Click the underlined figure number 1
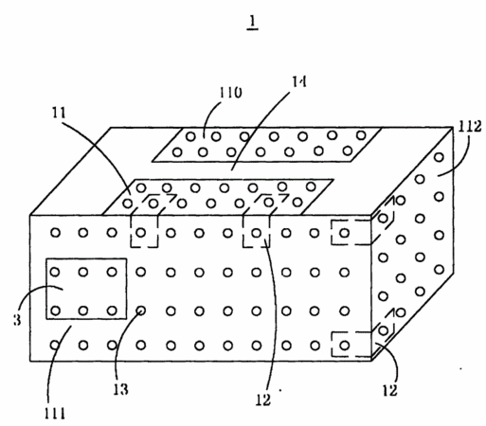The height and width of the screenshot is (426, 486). pyautogui.click(x=252, y=22)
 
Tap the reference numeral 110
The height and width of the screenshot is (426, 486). pyautogui.click(x=230, y=93)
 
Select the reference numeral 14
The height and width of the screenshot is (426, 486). pyautogui.click(x=298, y=81)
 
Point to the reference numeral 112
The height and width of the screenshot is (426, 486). pyautogui.click(x=470, y=127)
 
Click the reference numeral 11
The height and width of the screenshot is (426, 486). pyautogui.click(x=59, y=113)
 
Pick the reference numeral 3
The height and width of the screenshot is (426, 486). pyautogui.click(x=17, y=320)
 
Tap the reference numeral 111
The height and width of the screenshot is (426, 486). pyautogui.click(x=55, y=414)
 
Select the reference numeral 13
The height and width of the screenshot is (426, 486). pyautogui.click(x=120, y=390)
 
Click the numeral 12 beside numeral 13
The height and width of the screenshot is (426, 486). pyautogui.click(x=262, y=400)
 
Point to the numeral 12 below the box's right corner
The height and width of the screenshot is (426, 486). pyautogui.click(x=389, y=391)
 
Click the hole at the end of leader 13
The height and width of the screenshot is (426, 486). pyautogui.click(x=141, y=311)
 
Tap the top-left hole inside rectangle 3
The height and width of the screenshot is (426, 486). pyautogui.click(x=55, y=272)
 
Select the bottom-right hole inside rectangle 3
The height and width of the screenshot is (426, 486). pyautogui.click(x=112, y=311)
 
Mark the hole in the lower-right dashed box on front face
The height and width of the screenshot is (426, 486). pyautogui.click(x=345, y=346)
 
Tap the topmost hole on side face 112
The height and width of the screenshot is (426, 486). pyautogui.click(x=439, y=157)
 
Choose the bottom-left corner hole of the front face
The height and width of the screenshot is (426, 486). pyautogui.click(x=55, y=346)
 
